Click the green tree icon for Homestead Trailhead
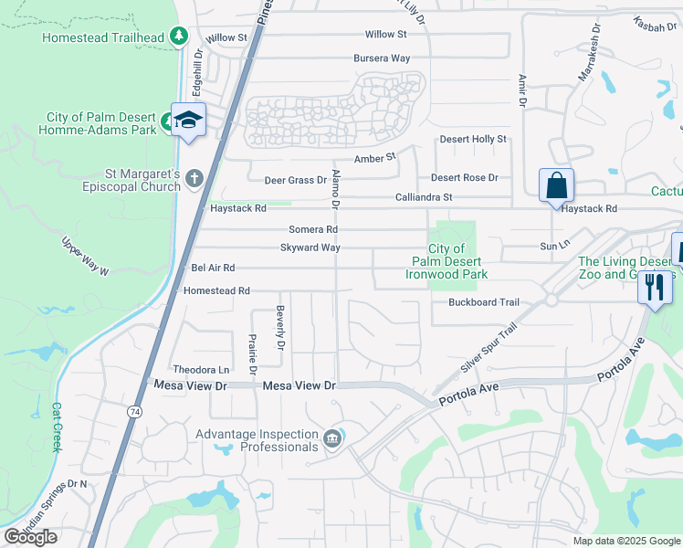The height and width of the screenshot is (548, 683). tap(181, 37)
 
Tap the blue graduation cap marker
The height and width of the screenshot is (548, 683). tap(188, 121)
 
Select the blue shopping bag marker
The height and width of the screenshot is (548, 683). tap(556, 186)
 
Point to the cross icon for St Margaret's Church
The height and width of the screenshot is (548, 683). tap(194, 178)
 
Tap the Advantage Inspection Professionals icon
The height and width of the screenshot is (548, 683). tap(333, 439)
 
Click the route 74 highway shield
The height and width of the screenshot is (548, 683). tap(135, 412)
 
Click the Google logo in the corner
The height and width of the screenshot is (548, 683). tap(30, 537)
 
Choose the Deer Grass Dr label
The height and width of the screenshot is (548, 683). tap(295, 180)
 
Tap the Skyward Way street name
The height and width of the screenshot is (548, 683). tap(310, 248)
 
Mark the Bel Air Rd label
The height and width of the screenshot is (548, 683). tap(213, 268)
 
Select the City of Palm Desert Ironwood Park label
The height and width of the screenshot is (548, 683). tap(447, 261)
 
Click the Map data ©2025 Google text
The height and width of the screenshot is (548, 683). tap(626, 541)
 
